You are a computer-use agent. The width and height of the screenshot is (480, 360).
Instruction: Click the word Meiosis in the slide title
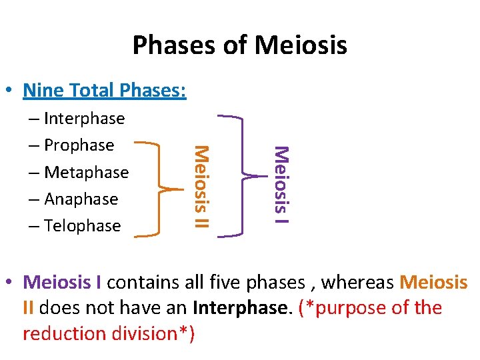(301, 45)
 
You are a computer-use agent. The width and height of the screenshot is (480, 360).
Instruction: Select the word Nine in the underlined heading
(45, 89)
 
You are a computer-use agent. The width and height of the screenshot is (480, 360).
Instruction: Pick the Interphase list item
(84, 119)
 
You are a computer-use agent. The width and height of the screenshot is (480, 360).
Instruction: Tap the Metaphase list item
(86, 172)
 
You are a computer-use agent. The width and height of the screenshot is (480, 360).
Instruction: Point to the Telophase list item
(82, 226)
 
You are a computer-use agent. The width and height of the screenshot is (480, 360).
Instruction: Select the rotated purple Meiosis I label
(281, 185)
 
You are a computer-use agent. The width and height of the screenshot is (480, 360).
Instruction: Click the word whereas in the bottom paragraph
(362, 283)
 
